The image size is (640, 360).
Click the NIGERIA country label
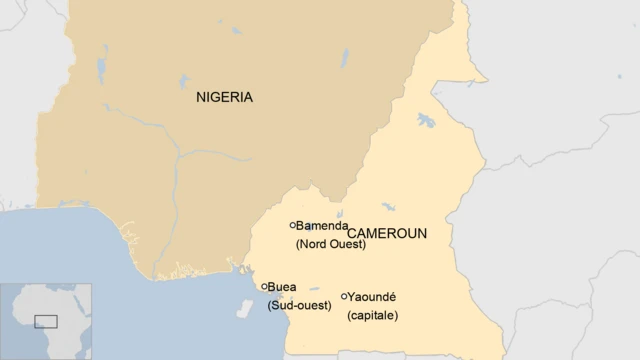click(224, 98)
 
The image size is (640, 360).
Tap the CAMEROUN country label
click(387, 234)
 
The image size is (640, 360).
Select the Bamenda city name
click(322, 226)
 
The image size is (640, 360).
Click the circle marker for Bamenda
click(293, 226)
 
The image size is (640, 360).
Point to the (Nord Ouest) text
click(331, 244)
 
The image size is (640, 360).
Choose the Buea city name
click(282, 287)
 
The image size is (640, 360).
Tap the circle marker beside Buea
click(265, 287)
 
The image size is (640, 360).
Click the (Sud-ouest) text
click(299, 305)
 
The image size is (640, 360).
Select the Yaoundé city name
click(374, 297)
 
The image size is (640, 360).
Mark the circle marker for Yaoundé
click(345, 296)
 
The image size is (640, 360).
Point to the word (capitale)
click(372, 316)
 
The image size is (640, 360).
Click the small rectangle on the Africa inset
click(46, 321)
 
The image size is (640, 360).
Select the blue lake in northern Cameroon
click(426, 120)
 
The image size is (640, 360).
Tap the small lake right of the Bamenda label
click(340, 213)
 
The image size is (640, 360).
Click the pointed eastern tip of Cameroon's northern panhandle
click(486, 79)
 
